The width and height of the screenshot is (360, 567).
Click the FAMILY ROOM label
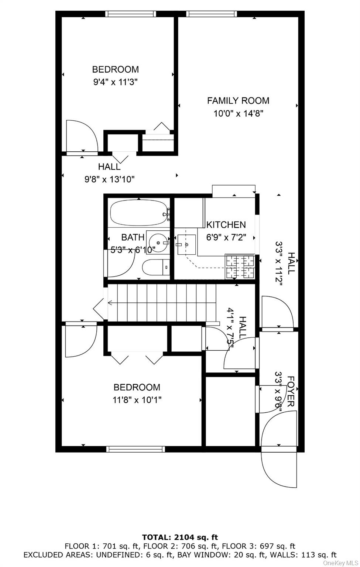pyautogui.click(x=238, y=101)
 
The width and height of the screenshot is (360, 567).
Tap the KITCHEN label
pyautogui.click(x=226, y=225)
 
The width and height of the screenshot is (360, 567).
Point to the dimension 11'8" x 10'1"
pyautogui.click(x=137, y=400)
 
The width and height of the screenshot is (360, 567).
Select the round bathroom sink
pyautogui.click(x=158, y=243)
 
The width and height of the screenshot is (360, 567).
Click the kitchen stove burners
pyautogui.click(x=240, y=267)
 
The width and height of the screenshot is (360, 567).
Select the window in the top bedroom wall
pyautogui.click(x=130, y=14)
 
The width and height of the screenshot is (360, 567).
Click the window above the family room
pyautogui.click(x=211, y=14)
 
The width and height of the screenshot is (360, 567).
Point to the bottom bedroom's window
pyautogui.click(x=136, y=449)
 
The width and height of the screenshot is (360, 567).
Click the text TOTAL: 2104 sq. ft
pyautogui.click(x=180, y=537)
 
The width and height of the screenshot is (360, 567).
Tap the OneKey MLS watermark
pyautogui.click(x=340, y=563)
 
